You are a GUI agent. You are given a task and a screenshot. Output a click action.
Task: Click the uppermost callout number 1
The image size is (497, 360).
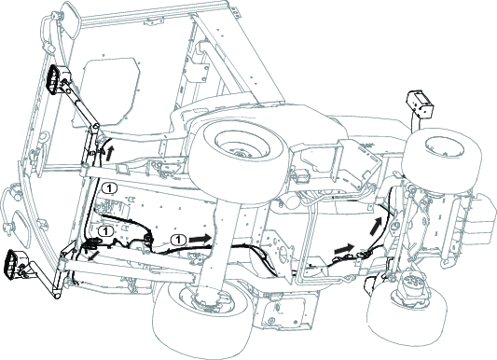point(109,188)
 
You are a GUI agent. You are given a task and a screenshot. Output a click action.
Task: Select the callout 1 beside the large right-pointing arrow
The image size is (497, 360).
point(178,240)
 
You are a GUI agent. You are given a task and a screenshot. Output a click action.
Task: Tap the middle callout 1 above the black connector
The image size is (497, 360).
point(106,231)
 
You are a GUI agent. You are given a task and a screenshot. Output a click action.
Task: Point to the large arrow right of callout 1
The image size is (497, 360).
point(200,239)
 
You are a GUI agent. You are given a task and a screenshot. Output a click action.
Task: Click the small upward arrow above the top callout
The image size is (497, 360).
point(109,153)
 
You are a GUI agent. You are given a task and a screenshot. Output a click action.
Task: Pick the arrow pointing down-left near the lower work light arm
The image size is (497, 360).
point(93,256)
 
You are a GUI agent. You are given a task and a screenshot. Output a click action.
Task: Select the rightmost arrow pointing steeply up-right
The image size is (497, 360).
point(376,226)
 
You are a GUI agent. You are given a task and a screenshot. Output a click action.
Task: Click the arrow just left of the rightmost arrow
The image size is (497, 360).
point(344,248)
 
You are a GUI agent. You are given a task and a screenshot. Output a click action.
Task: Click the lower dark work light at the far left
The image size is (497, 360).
point(14,264)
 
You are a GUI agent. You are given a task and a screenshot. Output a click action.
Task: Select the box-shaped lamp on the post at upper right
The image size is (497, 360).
point(419,104)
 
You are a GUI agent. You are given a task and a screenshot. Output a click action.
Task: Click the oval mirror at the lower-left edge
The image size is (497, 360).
point(20,227)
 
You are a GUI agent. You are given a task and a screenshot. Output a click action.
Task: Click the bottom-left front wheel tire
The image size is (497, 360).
point(203,320)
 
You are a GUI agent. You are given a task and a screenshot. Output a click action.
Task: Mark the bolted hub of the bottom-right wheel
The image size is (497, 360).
point(414,289)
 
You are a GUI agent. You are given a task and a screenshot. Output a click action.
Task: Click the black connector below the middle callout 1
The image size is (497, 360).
point(92,243)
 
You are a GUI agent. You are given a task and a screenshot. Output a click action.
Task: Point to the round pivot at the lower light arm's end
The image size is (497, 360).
point(57,294)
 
